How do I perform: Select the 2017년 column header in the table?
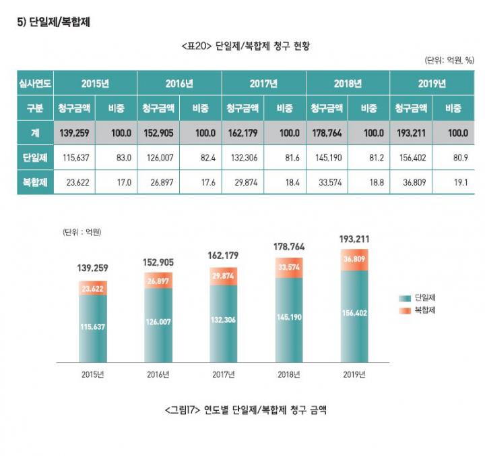tap(263, 84)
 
